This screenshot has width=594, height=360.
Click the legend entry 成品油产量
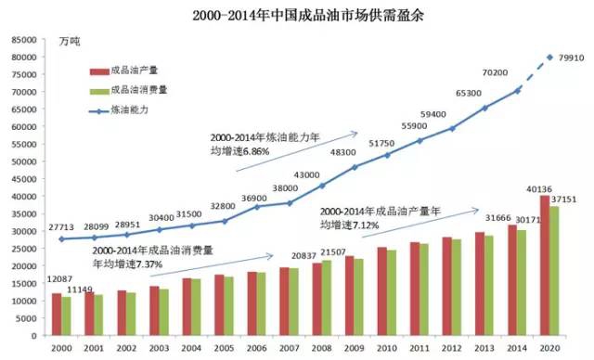point(129,70)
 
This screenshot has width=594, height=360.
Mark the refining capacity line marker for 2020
point(550,58)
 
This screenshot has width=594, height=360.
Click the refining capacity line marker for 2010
point(385,154)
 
